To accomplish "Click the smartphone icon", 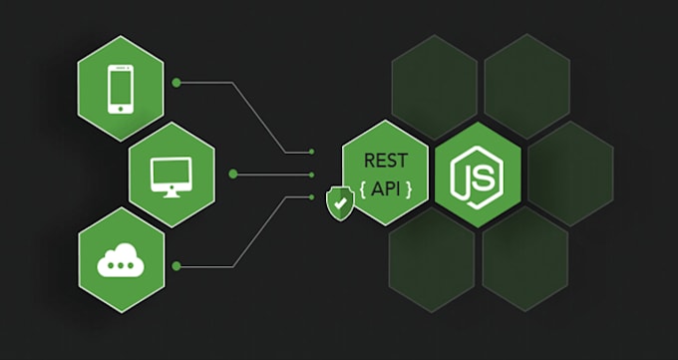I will click(x=121, y=87).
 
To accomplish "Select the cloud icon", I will click(x=121, y=263).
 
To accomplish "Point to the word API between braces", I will click(x=386, y=186).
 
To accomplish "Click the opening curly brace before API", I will click(x=364, y=187).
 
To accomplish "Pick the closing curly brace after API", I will click(x=408, y=187).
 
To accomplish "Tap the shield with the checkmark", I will click(x=340, y=203).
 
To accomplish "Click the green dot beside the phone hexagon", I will click(x=176, y=83).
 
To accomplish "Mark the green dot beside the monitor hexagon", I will click(x=232, y=175).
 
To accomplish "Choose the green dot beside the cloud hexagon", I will click(x=176, y=265).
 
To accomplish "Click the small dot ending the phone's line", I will click(x=313, y=153).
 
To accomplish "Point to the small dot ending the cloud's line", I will click(x=313, y=197).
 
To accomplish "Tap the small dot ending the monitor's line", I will click(x=313, y=175).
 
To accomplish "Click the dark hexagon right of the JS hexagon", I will click(x=570, y=175).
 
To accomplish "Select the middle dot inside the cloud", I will click(x=121, y=265).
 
